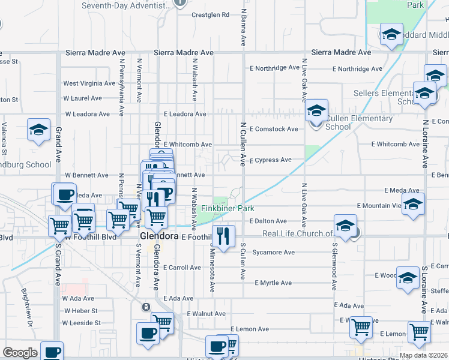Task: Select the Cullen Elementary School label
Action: pyautogui.click(x=358, y=122)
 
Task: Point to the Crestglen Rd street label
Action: pyautogui.click(x=211, y=15)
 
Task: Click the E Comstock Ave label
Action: pyautogui.click(x=274, y=129)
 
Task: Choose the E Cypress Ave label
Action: pyautogui.click(x=270, y=160)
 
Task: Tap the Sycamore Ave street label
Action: pyautogui.click(x=273, y=253)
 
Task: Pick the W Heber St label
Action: pyautogui.click(x=80, y=311)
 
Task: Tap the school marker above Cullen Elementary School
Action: pyautogui.click(x=316, y=111)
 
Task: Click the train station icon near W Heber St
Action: pyautogui.click(x=145, y=307)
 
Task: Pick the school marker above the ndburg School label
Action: pyautogui.click(x=38, y=130)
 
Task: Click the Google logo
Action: pyautogui.click(x=20, y=353)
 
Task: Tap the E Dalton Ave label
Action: pyautogui.click(x=268, y=221)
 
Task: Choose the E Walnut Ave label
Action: pyautogui.click(x=206, y=314)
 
